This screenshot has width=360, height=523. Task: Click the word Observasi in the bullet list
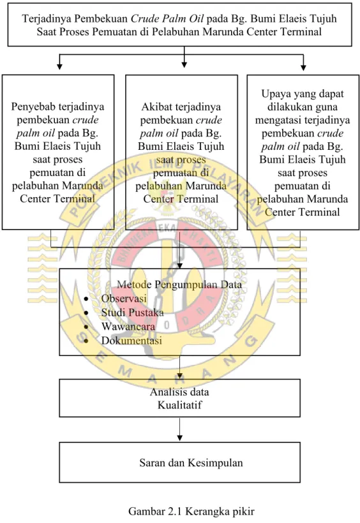pyautogui.click(x=124, y=298)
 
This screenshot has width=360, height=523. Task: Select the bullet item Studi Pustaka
pyautogui.click(x=133, y=313)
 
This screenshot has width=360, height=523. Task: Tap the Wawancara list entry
pyautogui.click(x=128, y=326)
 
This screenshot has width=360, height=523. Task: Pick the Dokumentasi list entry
pyautogui.click(x=131, y=341)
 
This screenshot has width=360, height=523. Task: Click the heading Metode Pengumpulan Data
pyautogui.click(x=179, y=284)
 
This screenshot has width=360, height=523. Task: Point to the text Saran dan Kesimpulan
pyautogui.click(x=191, y=463)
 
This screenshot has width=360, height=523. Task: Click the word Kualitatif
pyautogui.click(x=179, y=405)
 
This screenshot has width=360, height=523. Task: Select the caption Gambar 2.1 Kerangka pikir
pyautogui.click(x=191, y=512)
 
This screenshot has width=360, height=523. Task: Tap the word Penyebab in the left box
pyautogui.click(x=33, y=107)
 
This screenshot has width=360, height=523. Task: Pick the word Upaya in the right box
pyautogui.click(x=275, y=94)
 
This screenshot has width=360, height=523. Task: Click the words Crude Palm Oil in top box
pyautogui.click(x=167, y=18)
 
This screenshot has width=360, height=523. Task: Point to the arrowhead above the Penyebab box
pyautogui.click(x=59, y=66)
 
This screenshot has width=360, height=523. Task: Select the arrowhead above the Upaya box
pyautogui.click(x=303, y=67)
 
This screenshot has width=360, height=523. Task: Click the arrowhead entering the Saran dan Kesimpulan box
pyautogui.click(x=179, y=438)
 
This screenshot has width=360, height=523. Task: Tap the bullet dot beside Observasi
pyautogui.click(x=86, y=299)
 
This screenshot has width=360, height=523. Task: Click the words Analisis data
pyautogui.click(x=179, y=392)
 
